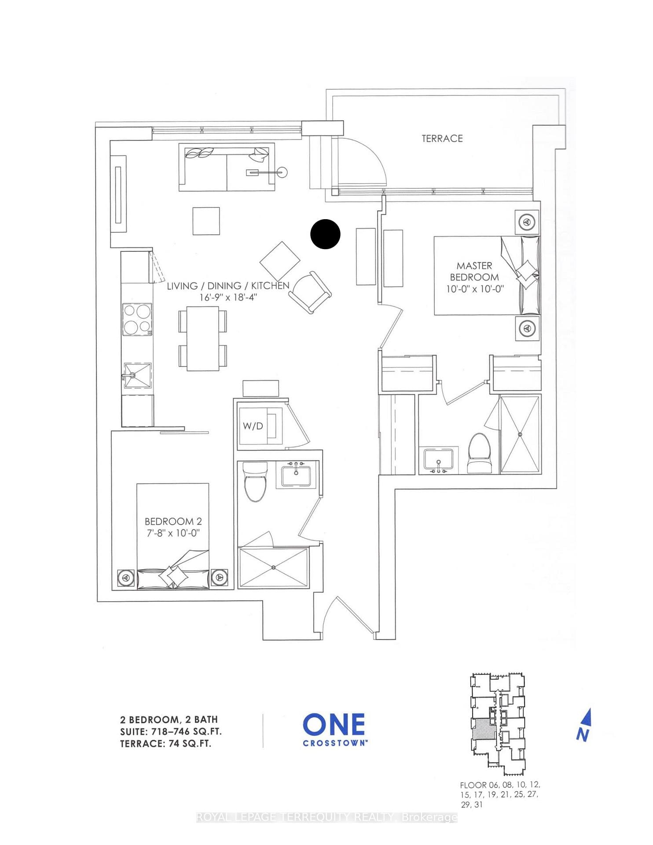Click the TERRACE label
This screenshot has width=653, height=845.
[x=442, y=139]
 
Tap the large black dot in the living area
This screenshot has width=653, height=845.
[x=325, y=234]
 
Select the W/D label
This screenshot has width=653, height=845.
[x=253, y=426]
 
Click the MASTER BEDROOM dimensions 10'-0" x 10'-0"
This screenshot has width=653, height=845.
[x=474, y=289]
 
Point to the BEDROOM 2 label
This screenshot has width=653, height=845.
[x=173, y=522]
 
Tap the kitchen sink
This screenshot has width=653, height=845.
[x=137, y=375]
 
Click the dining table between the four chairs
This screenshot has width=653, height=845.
[x=203, y=338]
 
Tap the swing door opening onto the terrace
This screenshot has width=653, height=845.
[x=359, y=163]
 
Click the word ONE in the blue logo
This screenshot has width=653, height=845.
[x=334, y=724]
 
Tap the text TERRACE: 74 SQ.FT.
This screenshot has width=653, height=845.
[x=165, y=743]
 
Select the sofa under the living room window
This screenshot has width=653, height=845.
[x=227, y=167]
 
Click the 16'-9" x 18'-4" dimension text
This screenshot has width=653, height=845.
[x=228, y=298]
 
